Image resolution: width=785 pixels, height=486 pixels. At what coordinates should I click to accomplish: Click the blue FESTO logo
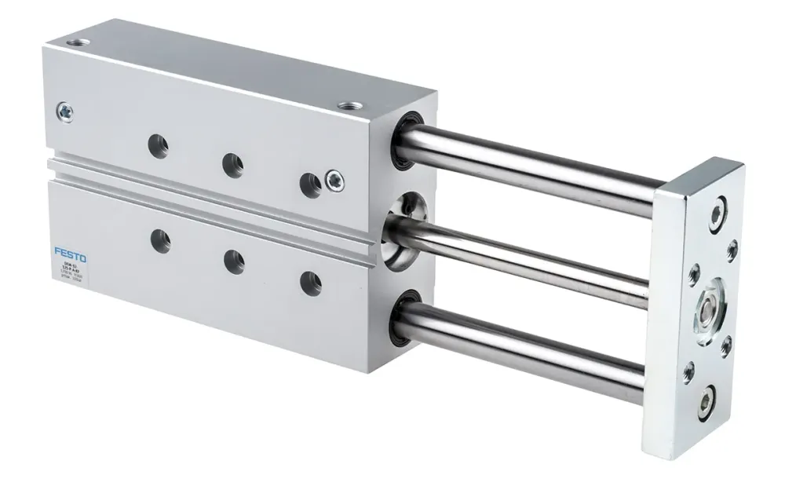(71, 253)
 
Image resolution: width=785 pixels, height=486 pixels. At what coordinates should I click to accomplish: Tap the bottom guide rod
(534, 350)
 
